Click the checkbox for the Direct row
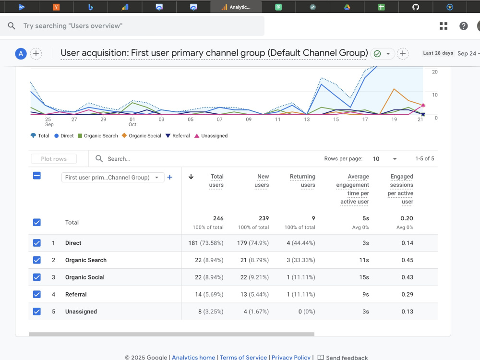37,243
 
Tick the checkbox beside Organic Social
37,277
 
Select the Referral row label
76,294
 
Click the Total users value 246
218,218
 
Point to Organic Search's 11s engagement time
364,260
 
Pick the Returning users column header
302,180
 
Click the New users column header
262,180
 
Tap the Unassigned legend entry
211,136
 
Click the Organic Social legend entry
142,136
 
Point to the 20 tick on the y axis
435,72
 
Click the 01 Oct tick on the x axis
132,122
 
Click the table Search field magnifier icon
99,158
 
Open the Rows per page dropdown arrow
395,158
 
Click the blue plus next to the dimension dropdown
169,177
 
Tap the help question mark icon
464,26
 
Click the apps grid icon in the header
444,26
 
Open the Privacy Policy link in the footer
291,357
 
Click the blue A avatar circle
21,54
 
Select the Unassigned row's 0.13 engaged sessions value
407,312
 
